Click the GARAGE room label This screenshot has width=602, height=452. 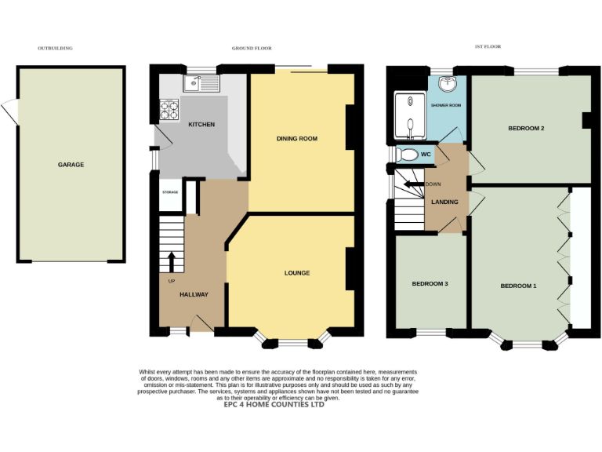[71, 165]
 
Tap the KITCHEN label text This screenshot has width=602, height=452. [201, 125]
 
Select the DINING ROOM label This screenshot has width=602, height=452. [297, 139]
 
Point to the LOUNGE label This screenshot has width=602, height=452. [297, 273]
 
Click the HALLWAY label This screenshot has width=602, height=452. [194, 294]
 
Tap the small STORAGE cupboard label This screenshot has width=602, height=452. [170, 192]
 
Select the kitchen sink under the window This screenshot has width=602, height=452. [203, 84]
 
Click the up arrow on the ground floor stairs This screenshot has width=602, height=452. [172, 259]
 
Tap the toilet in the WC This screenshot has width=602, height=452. [407, 154]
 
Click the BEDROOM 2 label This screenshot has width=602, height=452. [526, 128]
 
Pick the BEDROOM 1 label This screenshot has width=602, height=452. [518, 286]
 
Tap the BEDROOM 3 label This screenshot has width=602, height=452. [430, 283]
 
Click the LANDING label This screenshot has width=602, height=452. [444, 202]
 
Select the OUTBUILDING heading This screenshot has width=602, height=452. [55, 48]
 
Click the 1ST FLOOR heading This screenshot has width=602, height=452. [488, 47]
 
